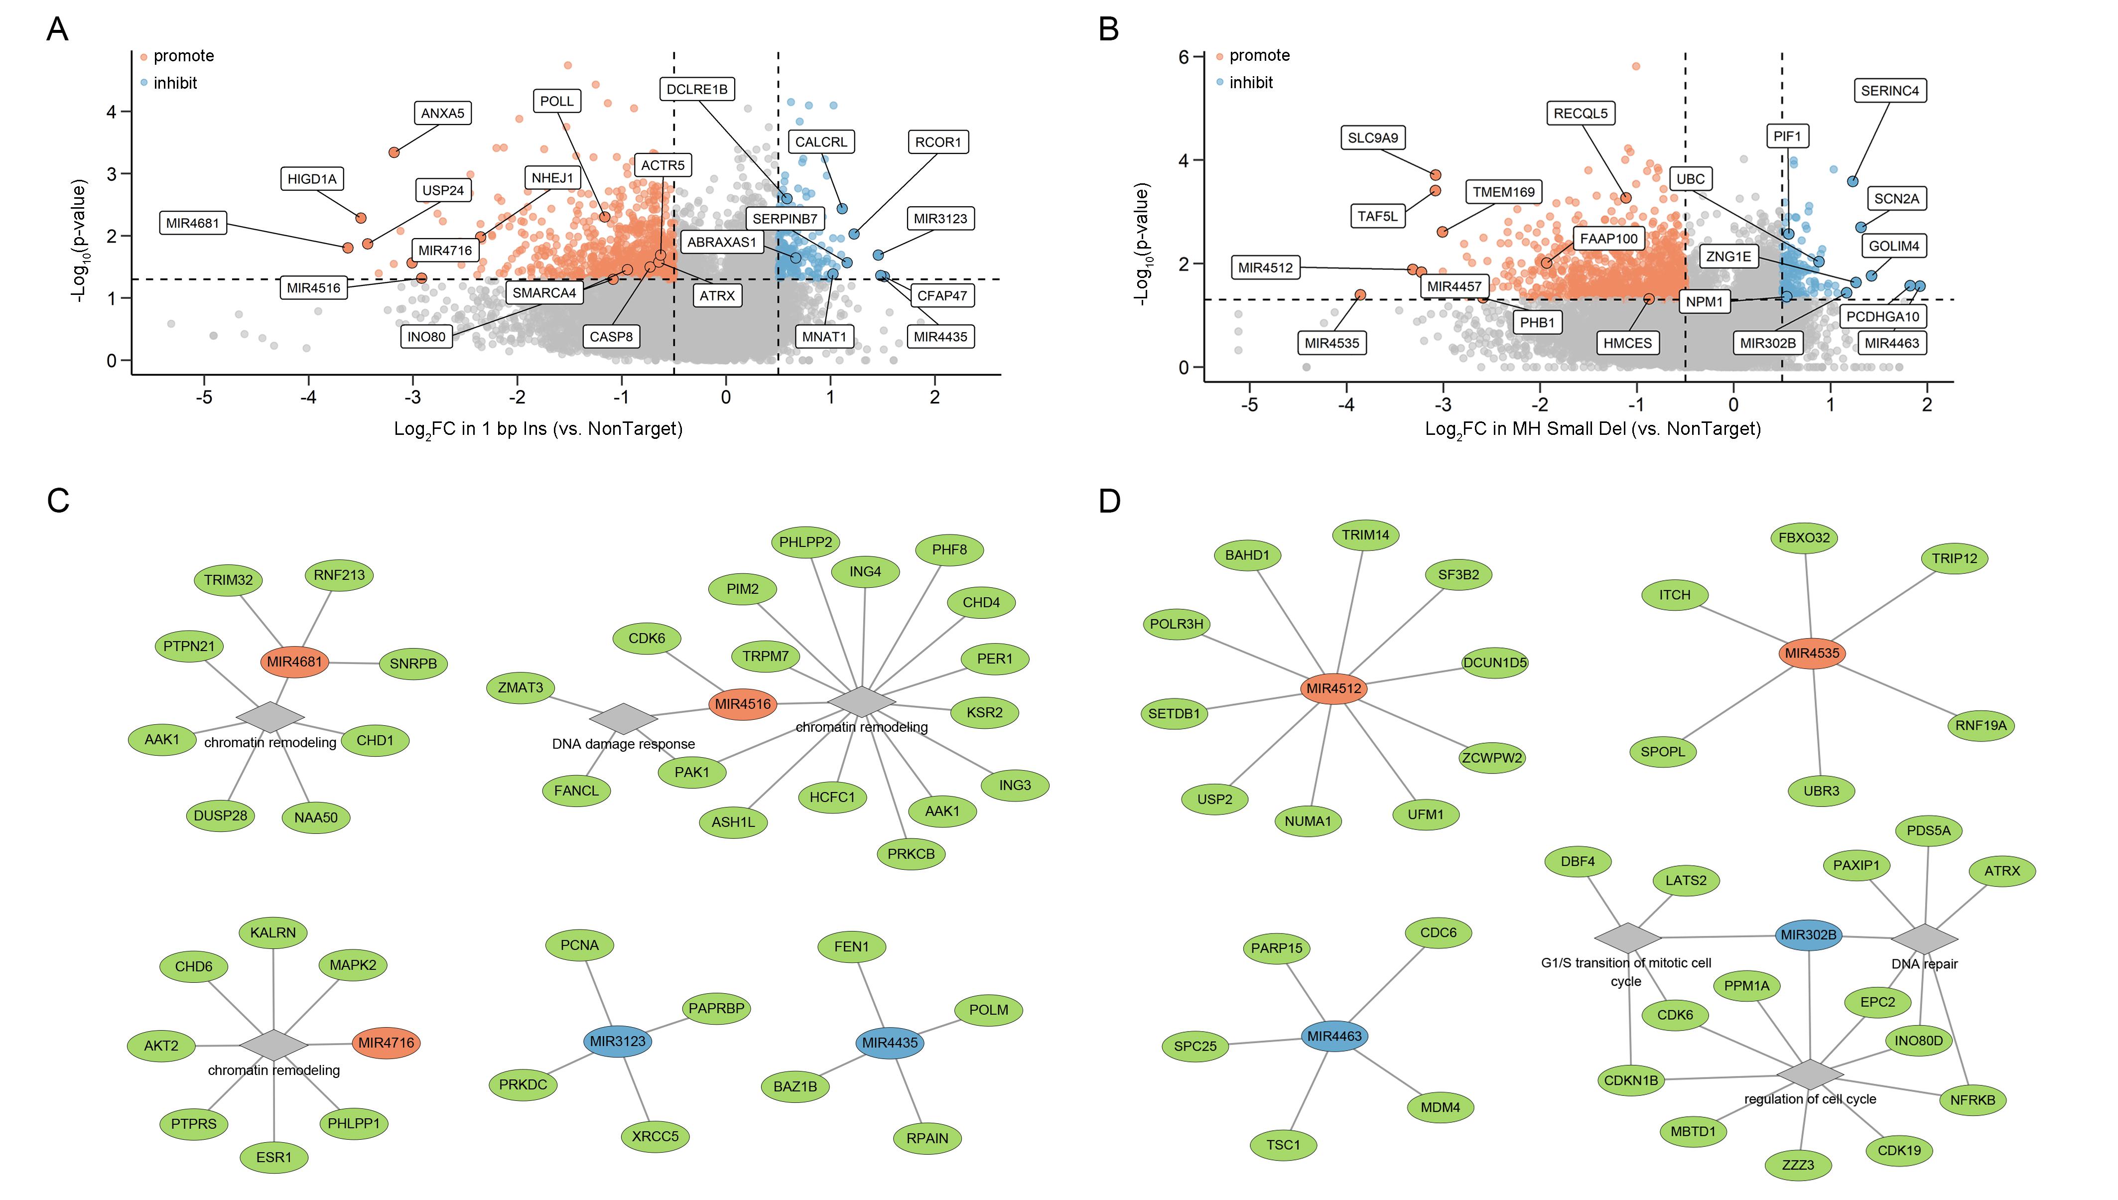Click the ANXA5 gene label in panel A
click(x=442, y=113)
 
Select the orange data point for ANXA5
click(x=394, y=152)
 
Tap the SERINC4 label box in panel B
click(x=1890, y=91)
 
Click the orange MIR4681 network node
click(x=295, y=661)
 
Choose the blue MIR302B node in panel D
click(x=1808, y=934)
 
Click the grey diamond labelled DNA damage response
click(x=624, y=719)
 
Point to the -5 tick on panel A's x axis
click(x=204, y=397)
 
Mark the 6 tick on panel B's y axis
click(x=1184, y=57)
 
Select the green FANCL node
click(x=576, y=791)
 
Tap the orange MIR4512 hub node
click(x=1333, y=688)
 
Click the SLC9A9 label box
click(x=1373, y=137)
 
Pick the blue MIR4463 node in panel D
click(x=1334, y=1036)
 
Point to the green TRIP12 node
click(x=1954, y=558)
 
